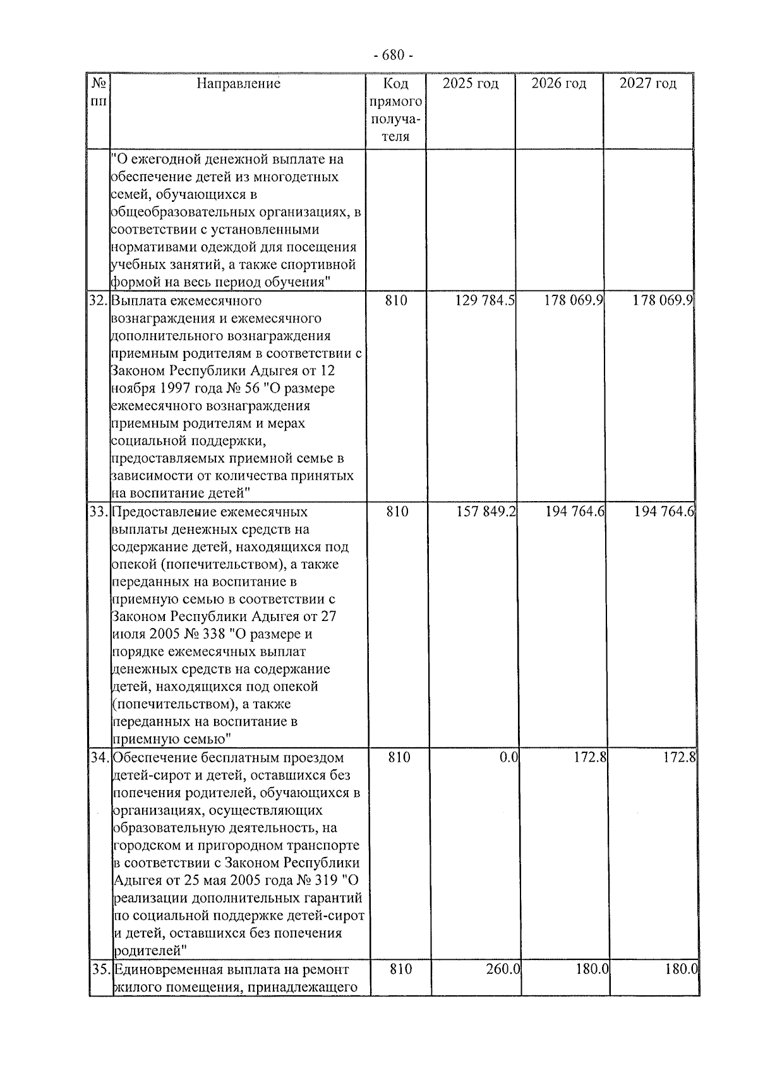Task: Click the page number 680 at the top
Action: point(392,56)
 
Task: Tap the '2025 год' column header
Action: point(470,83)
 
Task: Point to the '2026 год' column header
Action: point(558,83)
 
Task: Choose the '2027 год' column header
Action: point(647,83)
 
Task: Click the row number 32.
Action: point(99,301)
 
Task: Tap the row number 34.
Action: point(100,757)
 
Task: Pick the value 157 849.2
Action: point(486,512)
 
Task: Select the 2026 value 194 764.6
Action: point(575,512)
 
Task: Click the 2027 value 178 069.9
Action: point(663,301)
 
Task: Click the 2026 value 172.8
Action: point(590,757)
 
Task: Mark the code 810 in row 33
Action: point(397,512)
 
